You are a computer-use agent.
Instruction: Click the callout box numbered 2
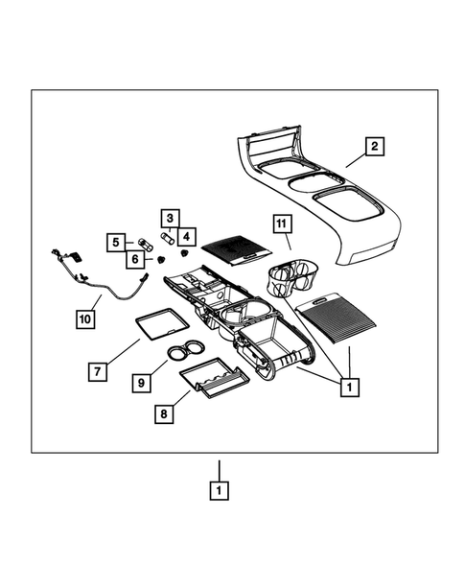(375, 147)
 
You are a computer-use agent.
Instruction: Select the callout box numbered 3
(167, 218)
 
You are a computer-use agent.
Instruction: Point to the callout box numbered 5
(116, 243)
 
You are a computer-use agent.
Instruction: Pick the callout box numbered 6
(134, 258)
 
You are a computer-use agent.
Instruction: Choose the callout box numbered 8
(164, 413)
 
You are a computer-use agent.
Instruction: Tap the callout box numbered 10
(84, 318)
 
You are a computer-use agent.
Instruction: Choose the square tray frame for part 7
(157, 323)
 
